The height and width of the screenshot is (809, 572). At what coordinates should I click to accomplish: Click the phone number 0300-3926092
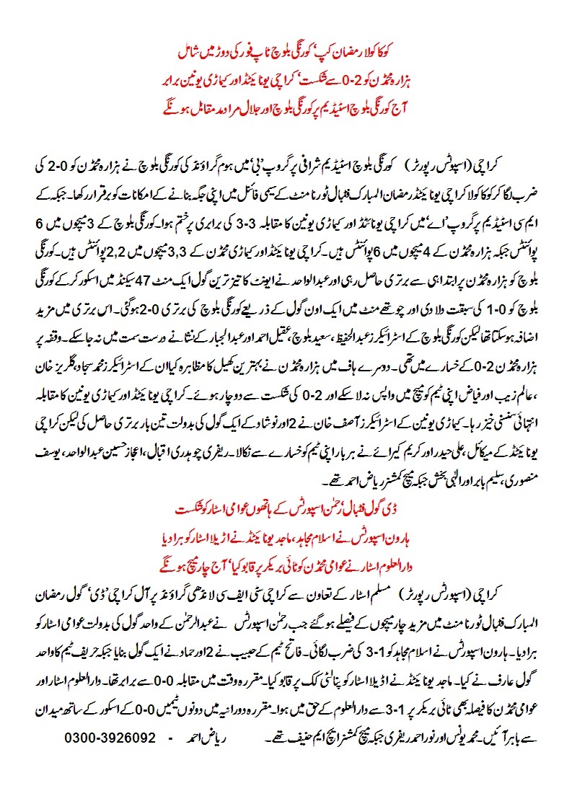[110, 739]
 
